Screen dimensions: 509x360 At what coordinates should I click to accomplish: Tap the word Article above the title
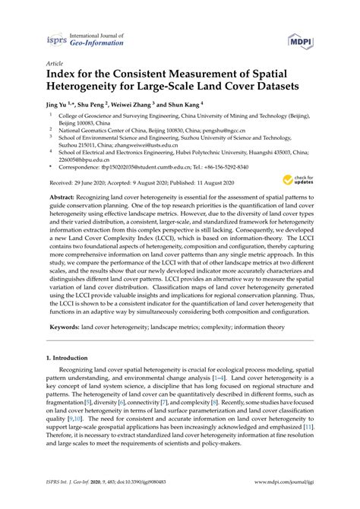point(55,65)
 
